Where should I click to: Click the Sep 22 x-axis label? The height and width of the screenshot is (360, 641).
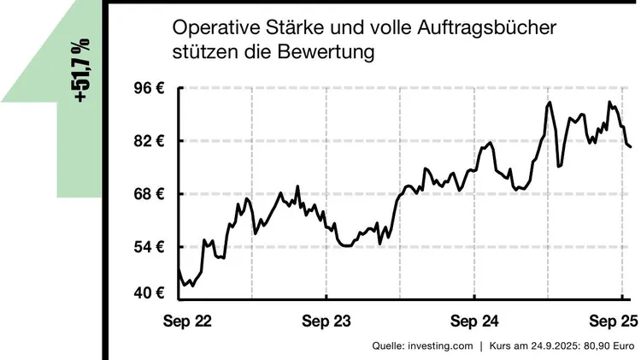187,322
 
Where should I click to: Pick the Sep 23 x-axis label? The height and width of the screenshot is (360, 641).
327,322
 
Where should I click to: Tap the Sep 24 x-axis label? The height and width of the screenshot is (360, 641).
474,322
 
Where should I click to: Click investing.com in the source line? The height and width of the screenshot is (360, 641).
440,346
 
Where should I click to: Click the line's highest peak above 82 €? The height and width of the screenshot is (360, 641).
549,103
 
